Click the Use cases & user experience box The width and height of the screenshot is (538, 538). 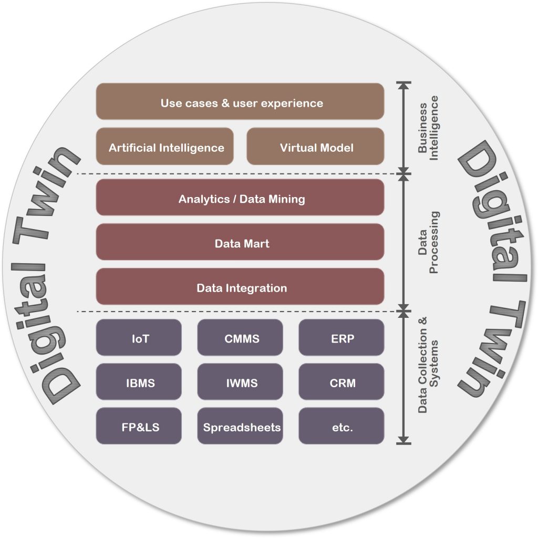click(240, 101)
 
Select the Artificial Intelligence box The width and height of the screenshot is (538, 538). click(164, 146)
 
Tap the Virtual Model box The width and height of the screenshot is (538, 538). click(315, 146)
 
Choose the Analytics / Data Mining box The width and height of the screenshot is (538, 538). click(240, 198)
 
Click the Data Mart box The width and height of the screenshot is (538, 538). click(240, 242)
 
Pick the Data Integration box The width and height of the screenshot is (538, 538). click(240, 286)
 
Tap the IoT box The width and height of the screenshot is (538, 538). click(139, 337)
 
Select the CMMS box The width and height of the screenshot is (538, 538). click(240, 337)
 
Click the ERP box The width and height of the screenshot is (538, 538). click(342, 337)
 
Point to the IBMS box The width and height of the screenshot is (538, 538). click(139, 381)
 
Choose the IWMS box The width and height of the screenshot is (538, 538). click(240, 381)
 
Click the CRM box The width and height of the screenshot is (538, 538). click(342, 381)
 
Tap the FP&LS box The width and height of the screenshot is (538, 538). click(139, 426)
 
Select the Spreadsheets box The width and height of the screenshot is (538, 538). click(240, 426)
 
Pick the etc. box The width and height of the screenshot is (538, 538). click(342, 426)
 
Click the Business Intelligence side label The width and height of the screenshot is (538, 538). click(428, 128)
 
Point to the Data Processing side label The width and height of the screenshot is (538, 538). click(428, 242)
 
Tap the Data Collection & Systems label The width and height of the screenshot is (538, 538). click(428, 365)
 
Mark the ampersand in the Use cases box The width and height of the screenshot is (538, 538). click(225, 103)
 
